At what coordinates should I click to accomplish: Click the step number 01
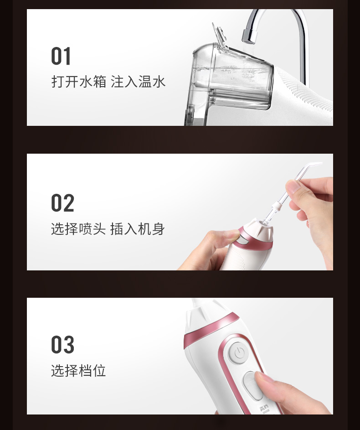61,56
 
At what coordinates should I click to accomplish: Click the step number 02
62,202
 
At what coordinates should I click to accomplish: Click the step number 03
62,344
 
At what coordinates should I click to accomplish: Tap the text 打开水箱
79,82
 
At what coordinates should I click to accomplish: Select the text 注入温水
138,82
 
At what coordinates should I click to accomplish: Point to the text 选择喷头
78,229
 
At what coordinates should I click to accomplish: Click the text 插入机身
138,229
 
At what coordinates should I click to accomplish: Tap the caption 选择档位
78,370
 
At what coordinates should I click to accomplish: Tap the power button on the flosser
239,353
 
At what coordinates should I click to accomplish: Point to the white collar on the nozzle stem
276,206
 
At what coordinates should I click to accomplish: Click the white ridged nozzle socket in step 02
259,230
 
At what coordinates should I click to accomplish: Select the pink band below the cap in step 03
211,327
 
